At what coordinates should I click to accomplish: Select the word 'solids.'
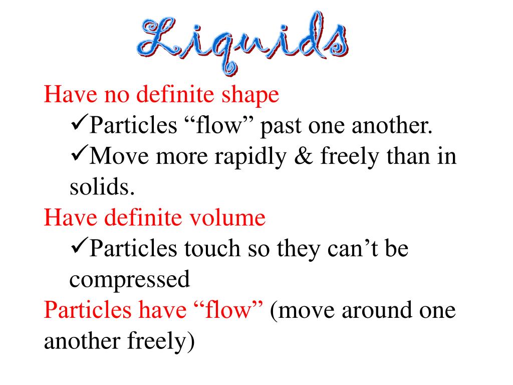coord(102,187)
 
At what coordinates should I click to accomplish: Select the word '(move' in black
coord(302,311)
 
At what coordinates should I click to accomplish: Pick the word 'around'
coord(377,310)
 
